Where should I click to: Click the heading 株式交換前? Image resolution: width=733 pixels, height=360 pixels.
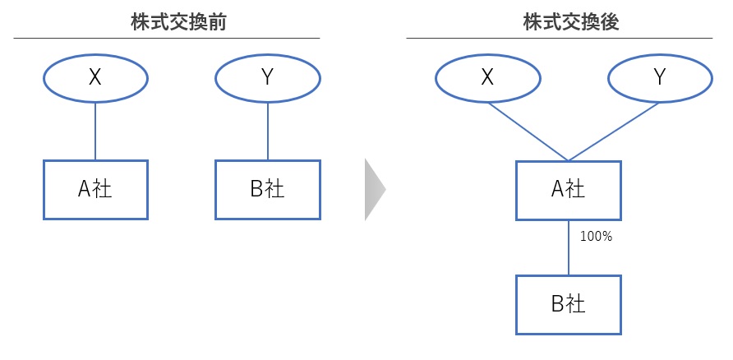[167, 22]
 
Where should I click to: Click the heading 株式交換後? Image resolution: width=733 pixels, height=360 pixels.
[559, 22]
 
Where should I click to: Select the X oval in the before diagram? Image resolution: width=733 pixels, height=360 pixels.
[95, 77]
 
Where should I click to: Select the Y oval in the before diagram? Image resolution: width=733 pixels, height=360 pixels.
[267, 77]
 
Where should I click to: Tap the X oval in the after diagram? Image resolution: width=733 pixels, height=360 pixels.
[487, 77]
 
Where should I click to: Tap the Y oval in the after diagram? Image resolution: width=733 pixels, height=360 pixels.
[660, 77]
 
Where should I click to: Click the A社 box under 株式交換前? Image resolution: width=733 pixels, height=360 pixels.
[95, 189]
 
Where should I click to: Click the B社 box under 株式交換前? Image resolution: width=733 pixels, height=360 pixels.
[267, 189]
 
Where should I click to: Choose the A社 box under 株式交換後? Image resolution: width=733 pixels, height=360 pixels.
[569, 190]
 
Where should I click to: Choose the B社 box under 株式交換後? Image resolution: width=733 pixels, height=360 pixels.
[569, 304]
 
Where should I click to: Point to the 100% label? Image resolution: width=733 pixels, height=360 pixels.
[597, 237]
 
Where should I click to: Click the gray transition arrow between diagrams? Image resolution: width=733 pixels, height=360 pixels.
[375, 190]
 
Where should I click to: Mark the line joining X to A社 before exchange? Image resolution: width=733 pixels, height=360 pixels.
[95, 130]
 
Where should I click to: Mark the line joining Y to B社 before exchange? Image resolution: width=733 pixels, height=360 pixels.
[267, 130]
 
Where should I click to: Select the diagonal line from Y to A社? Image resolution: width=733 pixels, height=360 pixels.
[615, 131]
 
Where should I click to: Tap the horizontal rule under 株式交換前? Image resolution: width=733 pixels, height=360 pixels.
[167, 38]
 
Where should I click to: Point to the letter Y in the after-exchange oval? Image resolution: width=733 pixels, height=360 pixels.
[660, 77]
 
